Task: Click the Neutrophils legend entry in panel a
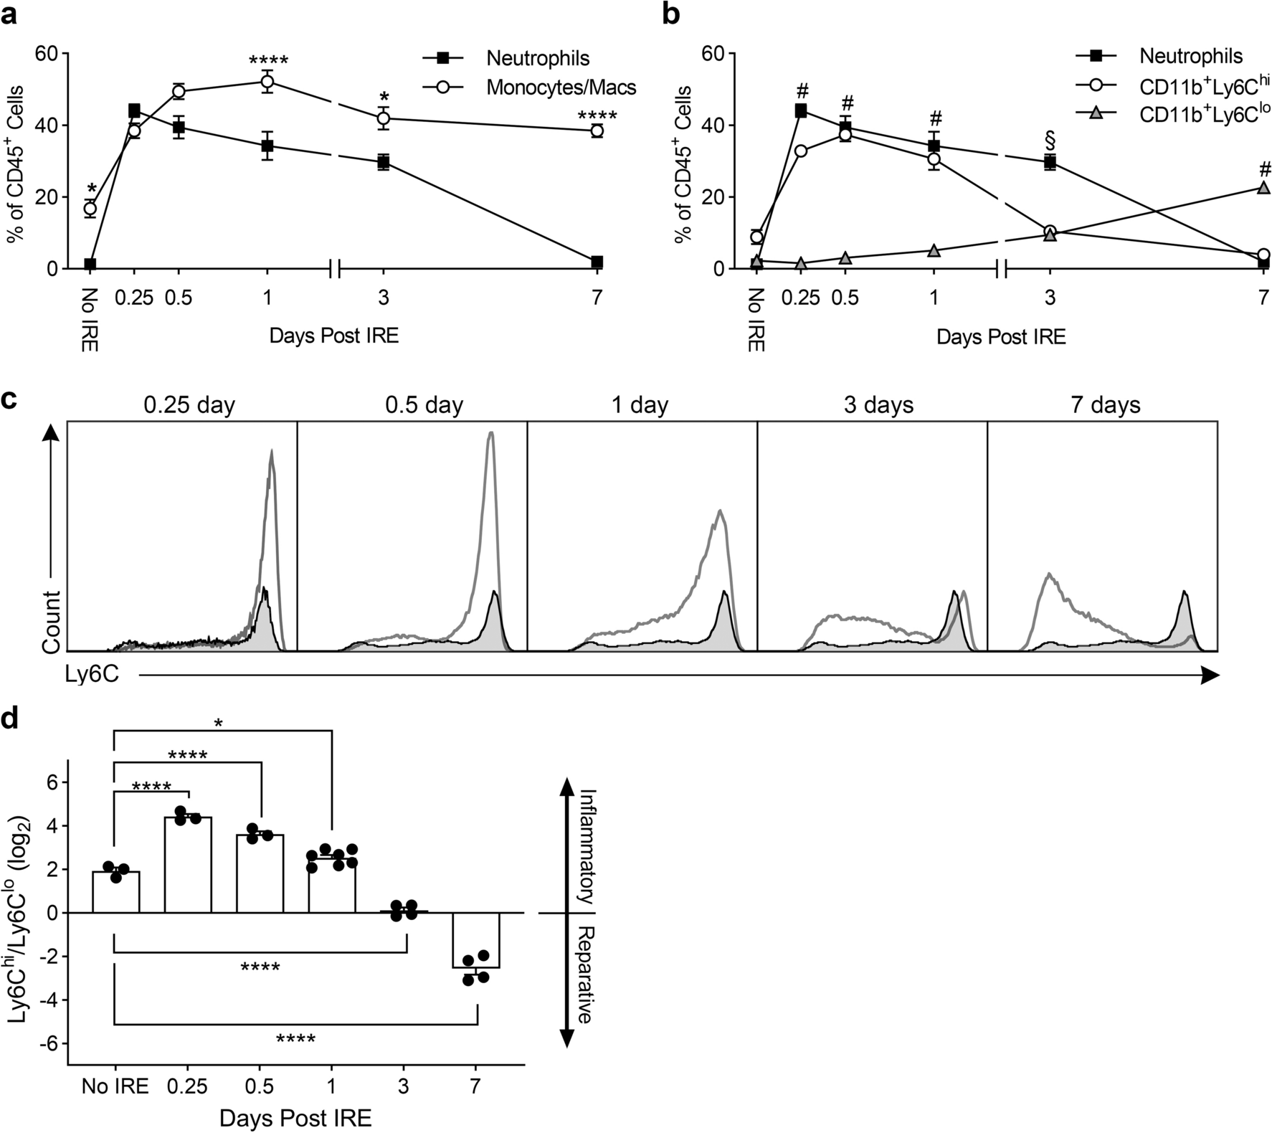coord(538,57)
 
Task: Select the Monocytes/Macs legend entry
coord(561,87)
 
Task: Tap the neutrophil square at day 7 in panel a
coord(597,262)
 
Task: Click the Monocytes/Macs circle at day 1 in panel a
coord(267,82)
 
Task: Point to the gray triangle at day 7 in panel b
coord(1263,188)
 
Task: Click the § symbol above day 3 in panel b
coord(1050,138)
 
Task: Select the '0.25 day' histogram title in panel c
coord(189,405)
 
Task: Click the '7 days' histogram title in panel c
coord(1105,405)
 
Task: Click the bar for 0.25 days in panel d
coord(188,864)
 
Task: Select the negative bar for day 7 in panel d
coord(475,940)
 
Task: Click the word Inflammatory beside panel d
coord(587,846)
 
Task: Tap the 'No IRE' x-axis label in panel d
coord(115,1086)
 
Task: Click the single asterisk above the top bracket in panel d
coord(219,724)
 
